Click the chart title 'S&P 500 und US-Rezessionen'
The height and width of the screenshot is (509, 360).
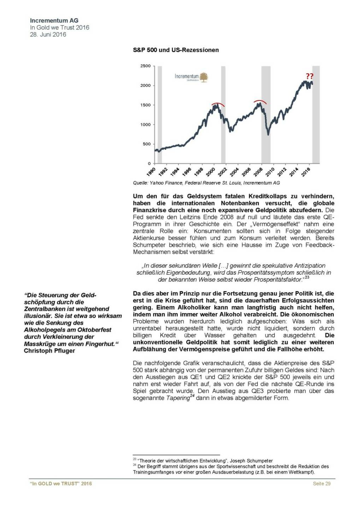click(176, 50)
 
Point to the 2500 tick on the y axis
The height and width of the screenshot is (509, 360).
click(145, 66)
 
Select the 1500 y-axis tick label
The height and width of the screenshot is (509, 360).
click(145, 105)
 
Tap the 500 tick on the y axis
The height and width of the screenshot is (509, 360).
click(146, 144)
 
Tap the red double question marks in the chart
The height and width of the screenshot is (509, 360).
click(309, 76)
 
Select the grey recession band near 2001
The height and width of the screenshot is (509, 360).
click(223, 114)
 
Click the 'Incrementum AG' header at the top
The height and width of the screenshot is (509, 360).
click(54, 21)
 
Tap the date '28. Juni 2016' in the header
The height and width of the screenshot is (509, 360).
click(48, 35)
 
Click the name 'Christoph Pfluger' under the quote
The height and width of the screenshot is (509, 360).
click(49, 351)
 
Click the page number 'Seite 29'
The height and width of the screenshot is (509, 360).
click(321, 484)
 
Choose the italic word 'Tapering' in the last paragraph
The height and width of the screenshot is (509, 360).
click(178, 398)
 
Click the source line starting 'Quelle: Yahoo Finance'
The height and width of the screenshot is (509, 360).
click(206, 183)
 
